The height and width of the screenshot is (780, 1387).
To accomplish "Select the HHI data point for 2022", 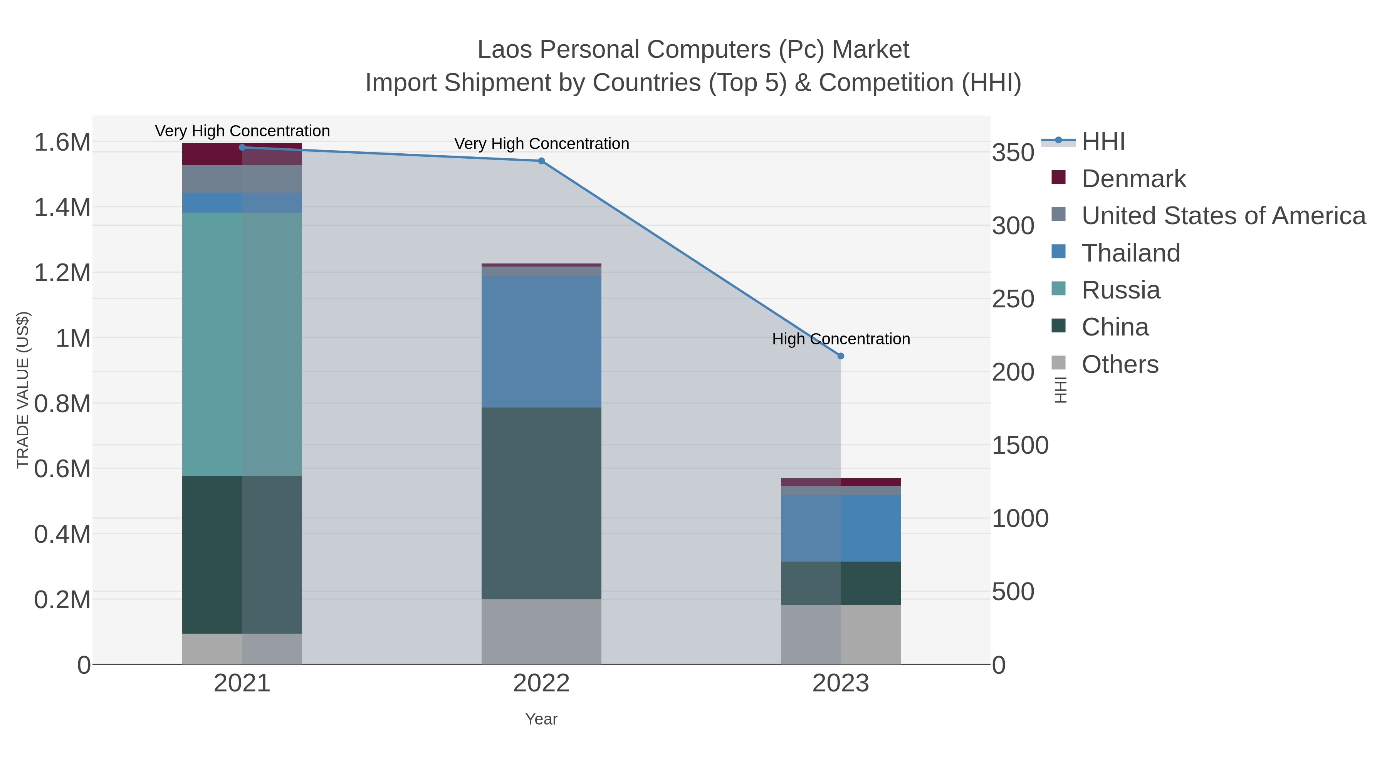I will [541, 161].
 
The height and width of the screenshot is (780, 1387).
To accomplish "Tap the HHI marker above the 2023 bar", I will [841, 356].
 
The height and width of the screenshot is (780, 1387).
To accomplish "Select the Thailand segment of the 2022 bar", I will [541, 342].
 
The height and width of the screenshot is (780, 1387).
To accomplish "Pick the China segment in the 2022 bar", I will [541, 503].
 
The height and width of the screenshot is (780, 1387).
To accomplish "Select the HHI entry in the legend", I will [1103, 142].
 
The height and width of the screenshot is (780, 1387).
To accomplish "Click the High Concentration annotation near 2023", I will [841, 339].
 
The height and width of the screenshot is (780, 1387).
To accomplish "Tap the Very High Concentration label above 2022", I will [541, 144].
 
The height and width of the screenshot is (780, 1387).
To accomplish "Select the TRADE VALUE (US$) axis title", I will [23, 390].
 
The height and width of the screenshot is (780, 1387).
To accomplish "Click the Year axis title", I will [541, 719].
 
